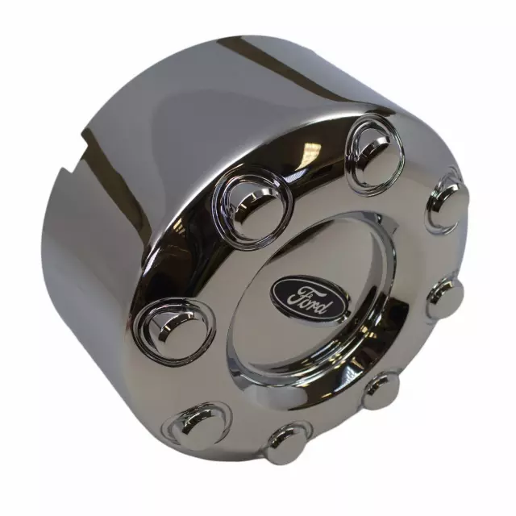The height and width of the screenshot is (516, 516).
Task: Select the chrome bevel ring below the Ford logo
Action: pos(306,363)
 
